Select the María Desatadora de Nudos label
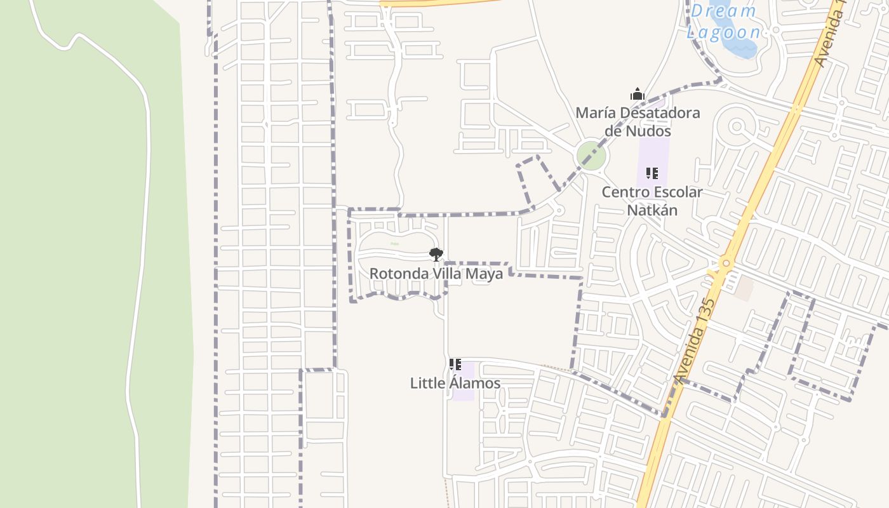[638, 122]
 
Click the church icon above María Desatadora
[638, 95]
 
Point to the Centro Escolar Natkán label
[652, 201]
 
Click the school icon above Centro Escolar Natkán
[652, 173]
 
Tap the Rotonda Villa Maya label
[436, 274]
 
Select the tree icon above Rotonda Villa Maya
[436, 255]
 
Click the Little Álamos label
[455, 384]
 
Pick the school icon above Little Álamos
[455, 364]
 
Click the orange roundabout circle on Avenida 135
[726, 263]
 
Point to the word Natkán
[652, 210]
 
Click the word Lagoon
[723, 32]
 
